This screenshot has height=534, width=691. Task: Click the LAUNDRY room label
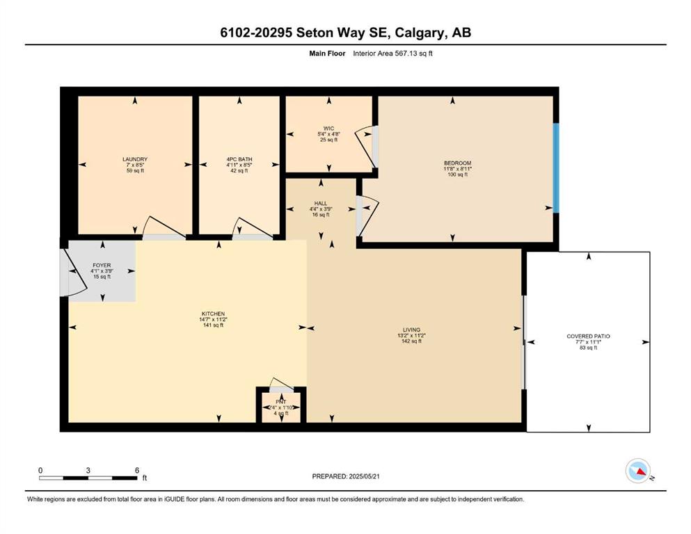(x=135, y=159)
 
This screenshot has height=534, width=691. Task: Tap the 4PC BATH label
(x=239, y=159)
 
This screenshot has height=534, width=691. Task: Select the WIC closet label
(x=328, y=129)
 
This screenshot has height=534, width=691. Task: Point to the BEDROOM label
(x=457, y=163)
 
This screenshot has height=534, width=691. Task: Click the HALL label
(x=321, y=204)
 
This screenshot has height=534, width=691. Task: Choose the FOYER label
(x=102, y=266)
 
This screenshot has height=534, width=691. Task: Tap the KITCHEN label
(x=214, y=314)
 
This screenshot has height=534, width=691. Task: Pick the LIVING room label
(x=411, y=330)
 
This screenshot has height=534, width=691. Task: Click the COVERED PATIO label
(x=588, y=337)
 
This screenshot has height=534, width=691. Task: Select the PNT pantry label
(x=280, y=402)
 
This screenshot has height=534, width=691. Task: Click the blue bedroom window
(x=556, y=168)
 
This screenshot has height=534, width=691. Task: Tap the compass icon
(x=638, y=471)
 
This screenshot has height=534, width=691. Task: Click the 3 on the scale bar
(x=88, y=470)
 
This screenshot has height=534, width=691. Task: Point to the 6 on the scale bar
(x=137, y=470)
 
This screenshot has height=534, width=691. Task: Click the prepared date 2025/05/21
(x=364, y=476)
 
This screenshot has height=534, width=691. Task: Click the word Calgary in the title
(x=419, y=33)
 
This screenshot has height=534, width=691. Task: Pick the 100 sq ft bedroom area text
(x=457, y=175)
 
